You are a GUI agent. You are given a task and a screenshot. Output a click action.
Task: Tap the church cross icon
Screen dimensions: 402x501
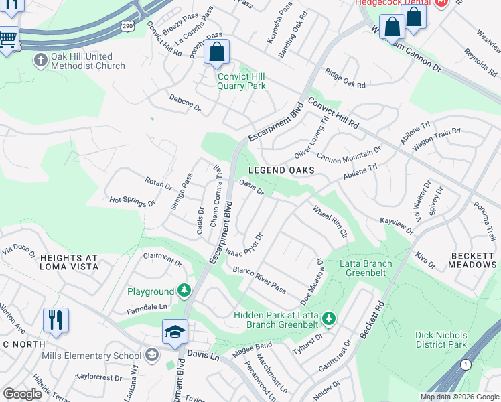[x=40, y=59]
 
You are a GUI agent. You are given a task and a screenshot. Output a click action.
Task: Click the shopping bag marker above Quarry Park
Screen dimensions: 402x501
[x=217, y=52]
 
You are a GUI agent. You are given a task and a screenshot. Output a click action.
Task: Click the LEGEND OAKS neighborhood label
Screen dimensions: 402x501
[x=281, y=170]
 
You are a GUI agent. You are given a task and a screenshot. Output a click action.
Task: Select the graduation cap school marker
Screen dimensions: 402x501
[x=175, y=332]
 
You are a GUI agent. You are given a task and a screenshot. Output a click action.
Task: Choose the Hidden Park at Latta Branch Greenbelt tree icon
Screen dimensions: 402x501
[x=328, y=317]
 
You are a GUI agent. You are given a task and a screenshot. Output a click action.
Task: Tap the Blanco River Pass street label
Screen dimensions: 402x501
[x=260, y=280]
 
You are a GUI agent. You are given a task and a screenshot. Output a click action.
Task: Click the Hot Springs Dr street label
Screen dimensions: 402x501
[x=133, y=200]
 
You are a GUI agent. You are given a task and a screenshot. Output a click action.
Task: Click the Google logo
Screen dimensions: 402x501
[x=23, y=394]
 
